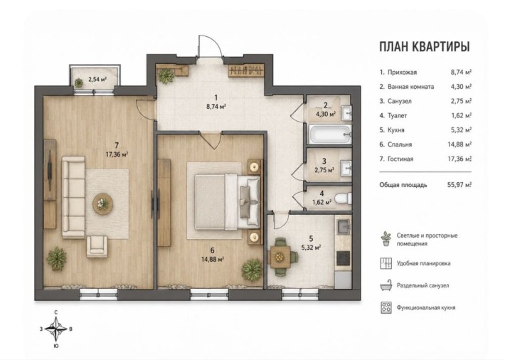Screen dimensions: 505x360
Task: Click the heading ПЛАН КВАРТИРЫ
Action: [x=425, y=47]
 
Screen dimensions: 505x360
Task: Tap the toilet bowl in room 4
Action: [x=343, y=198]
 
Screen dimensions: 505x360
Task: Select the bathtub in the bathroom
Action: [x=330, y=134]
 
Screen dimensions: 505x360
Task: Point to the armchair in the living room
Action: [x=97, y=246]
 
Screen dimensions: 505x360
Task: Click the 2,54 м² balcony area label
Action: [x=97, y=78]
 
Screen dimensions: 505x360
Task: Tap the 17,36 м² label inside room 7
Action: [x=117, y=154]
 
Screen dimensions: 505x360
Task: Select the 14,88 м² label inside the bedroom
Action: [x=213, y=259]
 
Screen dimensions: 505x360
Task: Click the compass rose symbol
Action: [x=56, y=329]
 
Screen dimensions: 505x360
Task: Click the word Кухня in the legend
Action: [x=395, y=130]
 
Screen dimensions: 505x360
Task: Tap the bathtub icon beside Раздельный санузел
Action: [x=386, y=285]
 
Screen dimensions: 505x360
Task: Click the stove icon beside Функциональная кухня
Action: [x=386, y=307]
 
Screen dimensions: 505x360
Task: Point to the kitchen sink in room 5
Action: [x=344, y=226]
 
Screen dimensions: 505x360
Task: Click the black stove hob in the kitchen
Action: [x=344, y=258]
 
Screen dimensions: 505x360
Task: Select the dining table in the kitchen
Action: [x=279, y=257]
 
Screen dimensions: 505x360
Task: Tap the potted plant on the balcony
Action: [x=79, y=83]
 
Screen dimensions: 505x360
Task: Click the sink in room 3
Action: [x=346, y=168]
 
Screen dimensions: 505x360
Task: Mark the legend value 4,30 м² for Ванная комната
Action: [x=461, y=87]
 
